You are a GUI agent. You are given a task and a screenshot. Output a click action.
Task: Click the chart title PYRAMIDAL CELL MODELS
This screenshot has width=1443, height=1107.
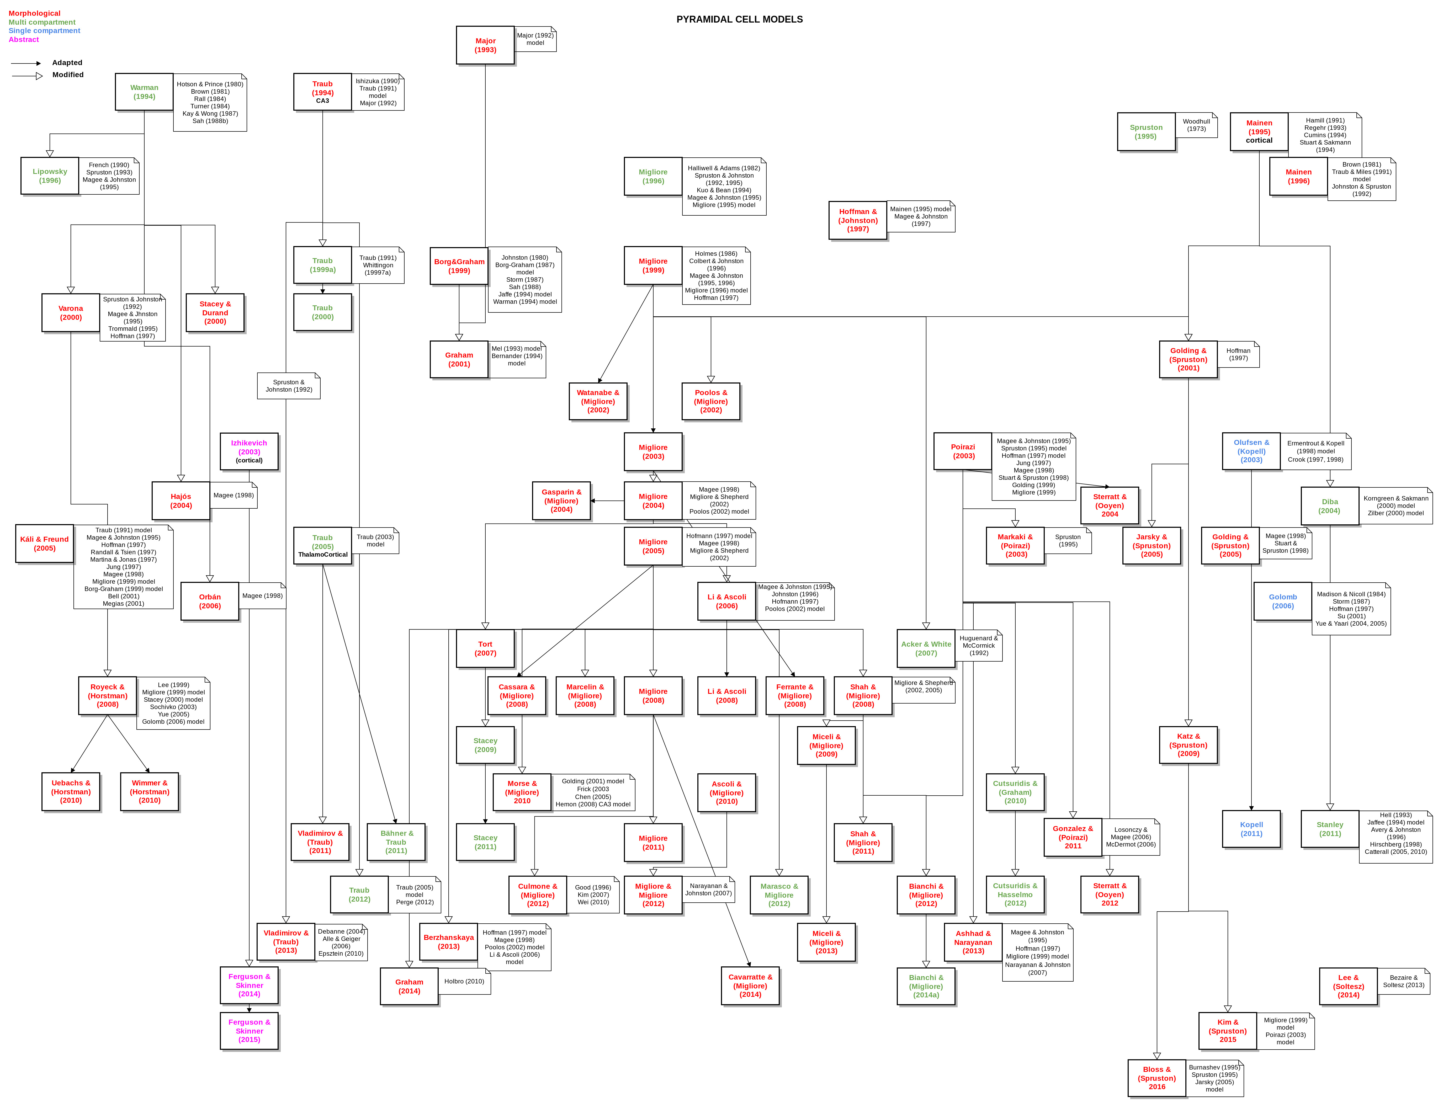(739, 19)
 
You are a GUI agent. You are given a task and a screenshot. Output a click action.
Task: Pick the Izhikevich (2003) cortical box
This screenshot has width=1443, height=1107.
(249, 451)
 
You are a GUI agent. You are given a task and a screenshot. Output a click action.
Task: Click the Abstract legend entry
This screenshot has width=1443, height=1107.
(24, 40)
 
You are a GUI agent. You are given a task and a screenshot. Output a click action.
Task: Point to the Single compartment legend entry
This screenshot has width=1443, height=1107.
(44, 30)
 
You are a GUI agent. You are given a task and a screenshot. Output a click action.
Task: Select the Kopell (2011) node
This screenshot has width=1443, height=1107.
(1251, 829)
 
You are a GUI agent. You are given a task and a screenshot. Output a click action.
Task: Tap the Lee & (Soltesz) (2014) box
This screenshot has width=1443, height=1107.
(1348, 986)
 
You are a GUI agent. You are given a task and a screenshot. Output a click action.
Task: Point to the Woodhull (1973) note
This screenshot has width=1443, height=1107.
(1196, 125)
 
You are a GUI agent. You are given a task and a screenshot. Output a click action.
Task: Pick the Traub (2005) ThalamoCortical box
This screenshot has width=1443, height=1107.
(322, 546)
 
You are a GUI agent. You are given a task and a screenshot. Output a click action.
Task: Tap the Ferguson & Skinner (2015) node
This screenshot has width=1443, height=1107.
(249, 1031)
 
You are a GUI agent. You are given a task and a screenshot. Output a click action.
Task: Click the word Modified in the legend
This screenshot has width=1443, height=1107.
(68, 74)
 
